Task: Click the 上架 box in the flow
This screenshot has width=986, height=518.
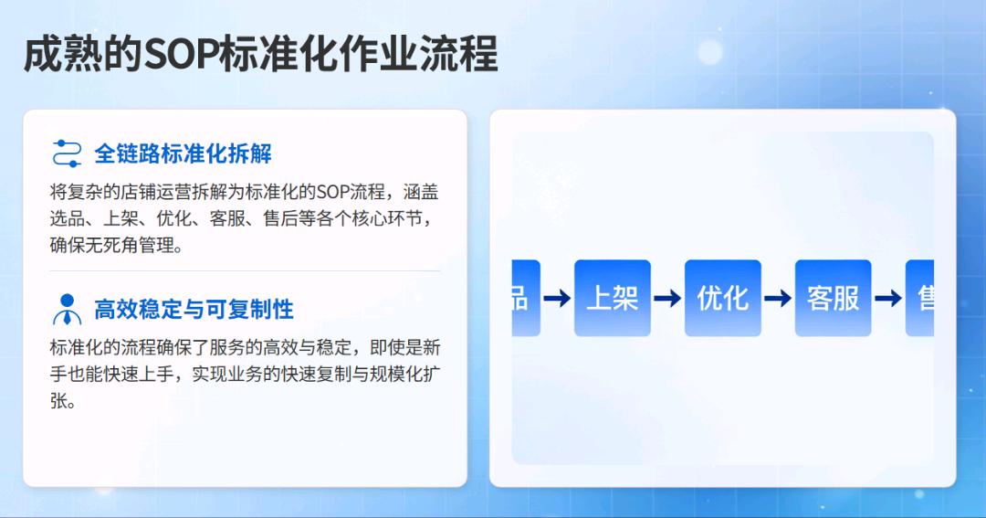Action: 612,298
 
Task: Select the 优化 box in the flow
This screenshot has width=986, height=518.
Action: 722,298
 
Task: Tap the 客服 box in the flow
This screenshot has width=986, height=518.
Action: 833,298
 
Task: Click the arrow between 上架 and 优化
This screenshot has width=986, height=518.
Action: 667,298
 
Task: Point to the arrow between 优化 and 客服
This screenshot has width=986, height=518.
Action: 778,298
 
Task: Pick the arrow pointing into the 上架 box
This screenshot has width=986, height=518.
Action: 557,298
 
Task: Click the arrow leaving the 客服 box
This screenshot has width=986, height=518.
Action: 888,298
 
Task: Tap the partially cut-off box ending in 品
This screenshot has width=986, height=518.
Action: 525,298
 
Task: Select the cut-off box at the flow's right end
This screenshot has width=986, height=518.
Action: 920,298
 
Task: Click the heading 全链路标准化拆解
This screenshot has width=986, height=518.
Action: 183,153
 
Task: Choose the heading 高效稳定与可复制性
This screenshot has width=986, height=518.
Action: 194,309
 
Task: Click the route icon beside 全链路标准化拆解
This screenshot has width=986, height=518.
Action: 68,153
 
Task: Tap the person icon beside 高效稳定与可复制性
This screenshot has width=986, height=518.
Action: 68,310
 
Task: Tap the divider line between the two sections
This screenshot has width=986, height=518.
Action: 245,271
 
